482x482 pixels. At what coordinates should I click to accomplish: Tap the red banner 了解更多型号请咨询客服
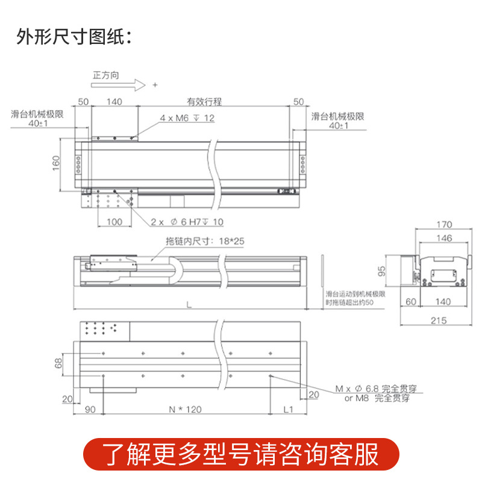pos(240,454)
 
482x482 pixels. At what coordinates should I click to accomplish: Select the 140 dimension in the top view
pos(114,102)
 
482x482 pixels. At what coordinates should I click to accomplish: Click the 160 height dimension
pos(55,163)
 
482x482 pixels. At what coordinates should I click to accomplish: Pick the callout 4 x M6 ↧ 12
pos(187,118)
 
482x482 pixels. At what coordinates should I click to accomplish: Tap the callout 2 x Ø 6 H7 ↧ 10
pos(187,222)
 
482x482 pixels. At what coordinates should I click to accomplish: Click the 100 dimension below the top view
pos(114,222)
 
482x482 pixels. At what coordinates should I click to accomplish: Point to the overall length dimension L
pos(189,305)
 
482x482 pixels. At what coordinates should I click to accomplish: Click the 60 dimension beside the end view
pos(412,301)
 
